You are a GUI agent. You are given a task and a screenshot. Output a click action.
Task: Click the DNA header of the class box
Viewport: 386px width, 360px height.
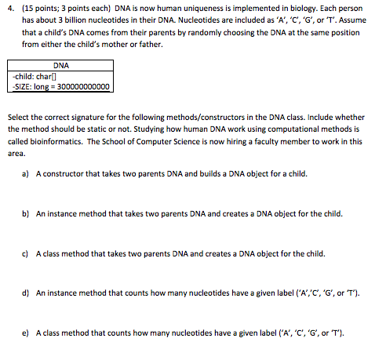[60, 66]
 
